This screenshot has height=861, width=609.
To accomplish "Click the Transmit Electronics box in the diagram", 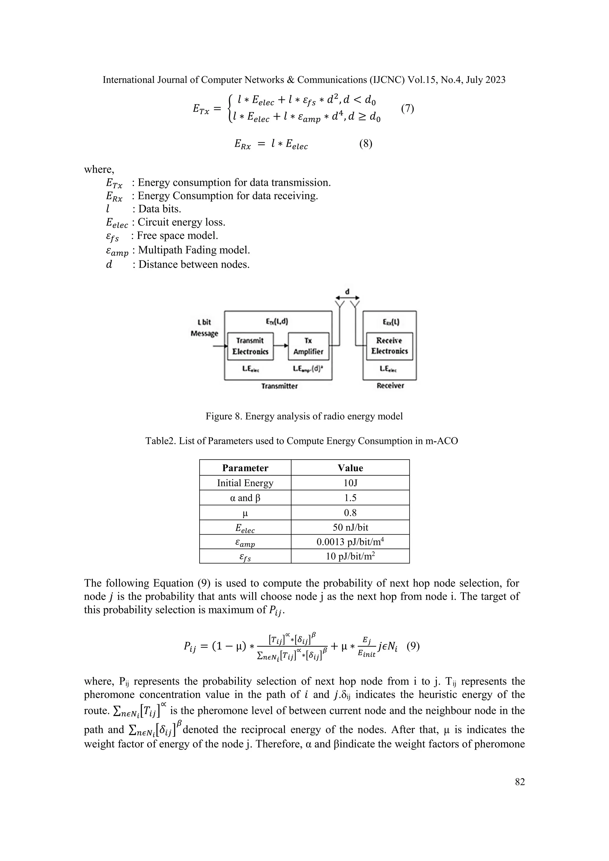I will [250, 346].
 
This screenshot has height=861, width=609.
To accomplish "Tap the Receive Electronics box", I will [389, 346].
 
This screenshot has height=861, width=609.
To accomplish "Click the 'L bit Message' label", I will [204, 328].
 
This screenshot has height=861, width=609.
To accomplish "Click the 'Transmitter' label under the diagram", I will [280, 386].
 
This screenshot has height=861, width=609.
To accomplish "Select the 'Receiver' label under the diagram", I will [390, 386].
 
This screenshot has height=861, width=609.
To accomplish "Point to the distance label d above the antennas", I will [347, 291].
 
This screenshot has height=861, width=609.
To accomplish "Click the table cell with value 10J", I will [350, 483].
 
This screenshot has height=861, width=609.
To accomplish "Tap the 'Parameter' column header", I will [245, 468].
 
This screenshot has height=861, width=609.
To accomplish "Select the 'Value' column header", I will [350, 468].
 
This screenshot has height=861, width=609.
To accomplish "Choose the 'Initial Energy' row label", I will [245, 483].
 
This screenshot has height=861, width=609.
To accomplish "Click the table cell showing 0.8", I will [350, 513].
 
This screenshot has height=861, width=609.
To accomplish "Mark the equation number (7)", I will [407, 109].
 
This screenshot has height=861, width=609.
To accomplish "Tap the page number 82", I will [520, 782].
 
